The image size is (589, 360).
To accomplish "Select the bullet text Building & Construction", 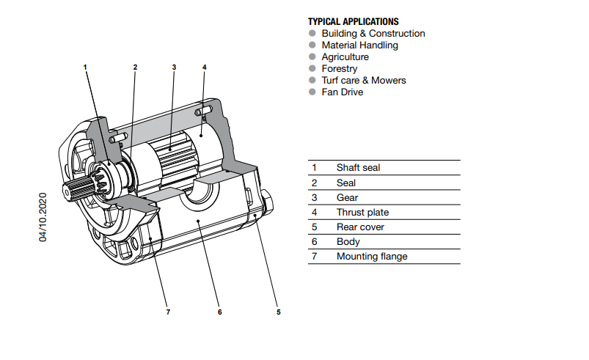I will point(373,34).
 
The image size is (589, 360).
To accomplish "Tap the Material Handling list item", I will point(359,45).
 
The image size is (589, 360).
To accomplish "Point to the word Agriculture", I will point(345,57).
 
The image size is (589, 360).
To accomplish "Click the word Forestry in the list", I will point(340,69).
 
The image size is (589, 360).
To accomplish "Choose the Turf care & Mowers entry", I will point(363,81).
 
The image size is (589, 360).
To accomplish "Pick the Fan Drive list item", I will point(342,92).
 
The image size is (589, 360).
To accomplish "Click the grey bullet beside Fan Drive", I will point(312,92).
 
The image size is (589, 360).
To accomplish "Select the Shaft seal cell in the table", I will point(358,168).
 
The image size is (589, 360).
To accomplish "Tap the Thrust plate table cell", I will point(362,213).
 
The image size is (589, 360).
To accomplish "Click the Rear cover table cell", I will point(360,227).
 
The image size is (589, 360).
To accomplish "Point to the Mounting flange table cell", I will point(371,257).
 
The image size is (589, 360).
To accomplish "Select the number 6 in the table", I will point(314,242).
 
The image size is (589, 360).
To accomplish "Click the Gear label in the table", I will point(347,198).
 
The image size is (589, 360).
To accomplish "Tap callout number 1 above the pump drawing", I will point(85,67).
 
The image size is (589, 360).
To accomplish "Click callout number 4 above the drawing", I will point(205,67).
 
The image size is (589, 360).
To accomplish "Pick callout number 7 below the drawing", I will point(168,312).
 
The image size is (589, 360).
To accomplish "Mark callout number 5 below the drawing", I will point(278,312).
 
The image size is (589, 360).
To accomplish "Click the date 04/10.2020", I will point(43,217).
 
